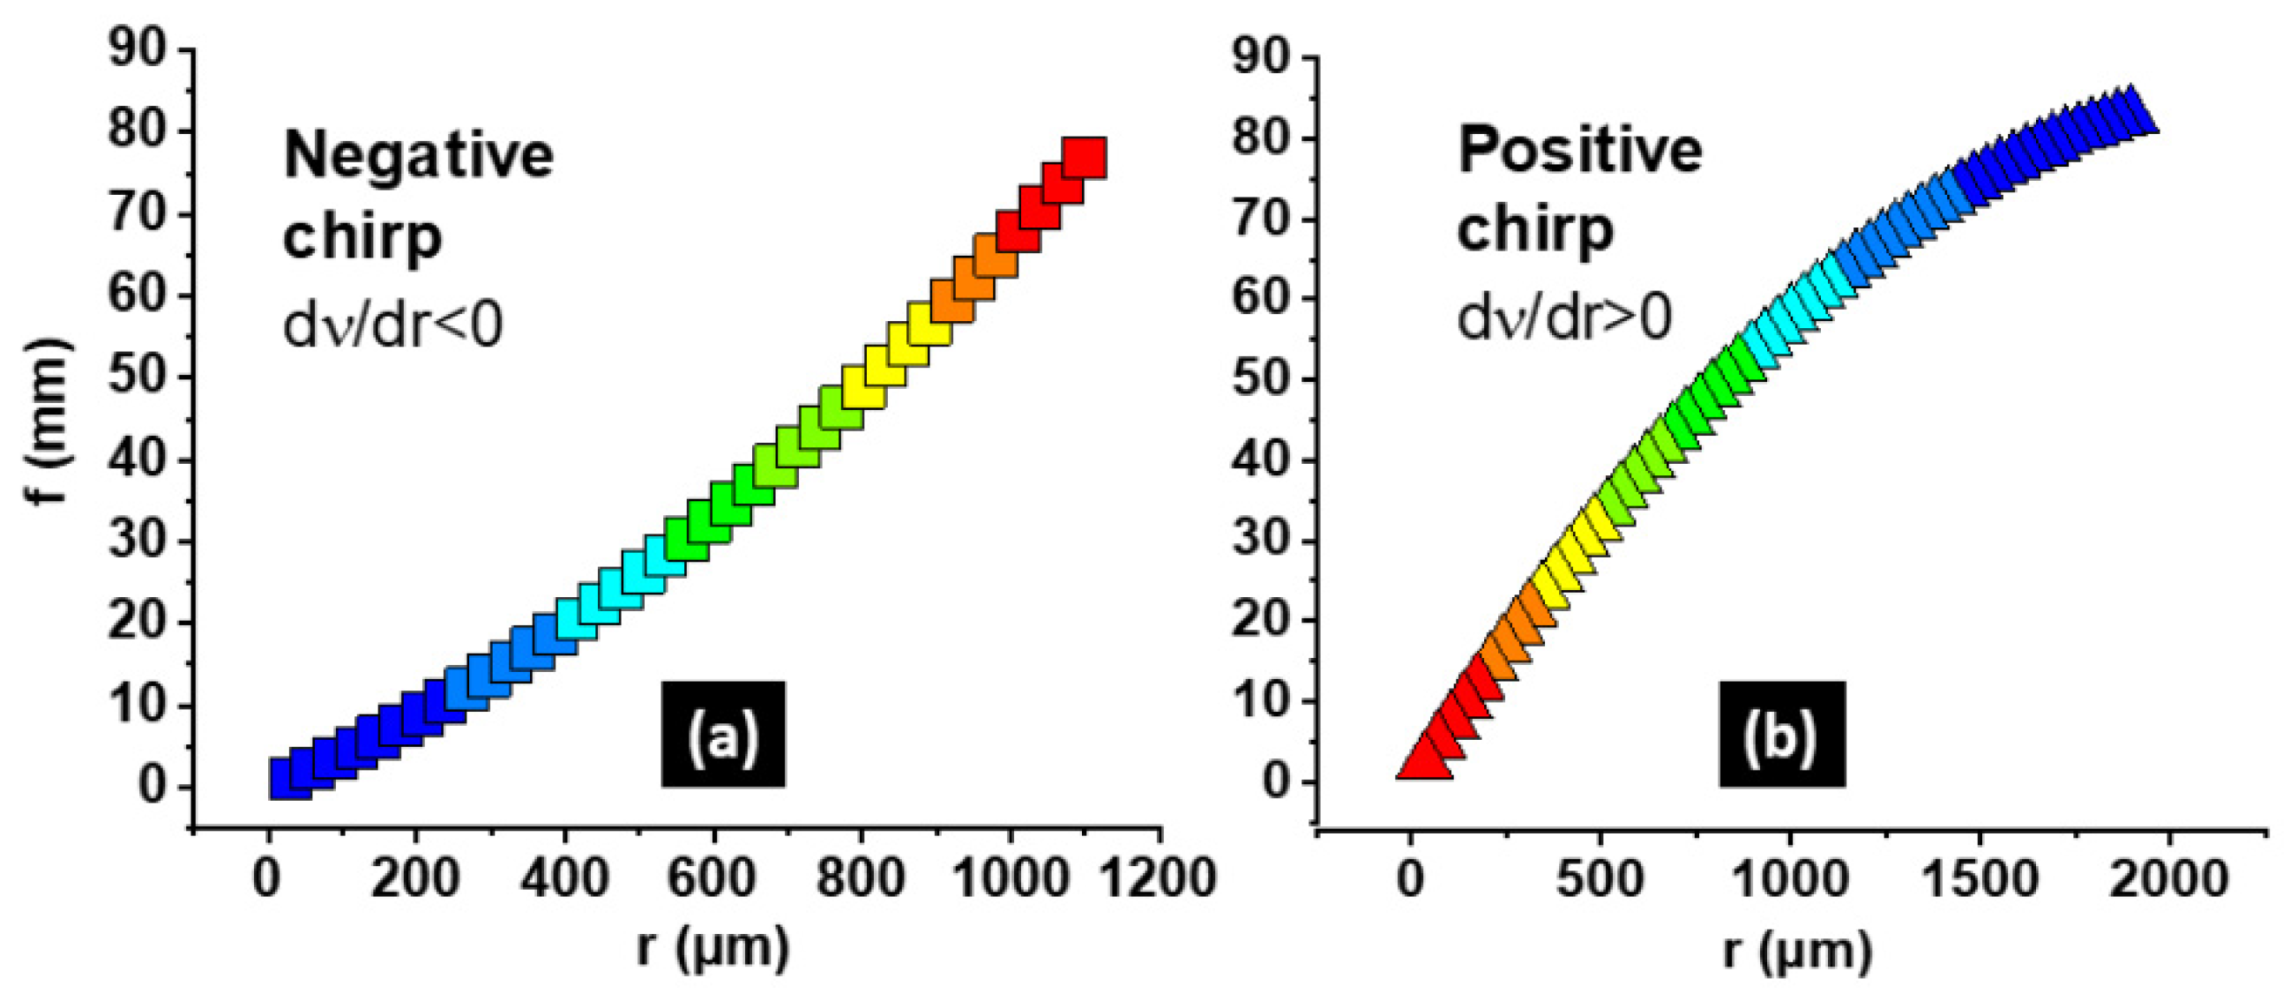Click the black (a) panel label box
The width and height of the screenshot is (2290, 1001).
point(723,735)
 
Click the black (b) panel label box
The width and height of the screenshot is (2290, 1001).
point(1781,735)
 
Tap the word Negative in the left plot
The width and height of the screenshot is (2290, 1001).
point(418,154)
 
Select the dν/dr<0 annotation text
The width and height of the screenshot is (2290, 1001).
point(392,324)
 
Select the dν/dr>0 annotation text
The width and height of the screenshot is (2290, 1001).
point(1563,317)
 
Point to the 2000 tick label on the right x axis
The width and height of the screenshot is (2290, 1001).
point(2170,878)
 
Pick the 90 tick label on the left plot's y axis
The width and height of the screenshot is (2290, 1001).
point(137,49)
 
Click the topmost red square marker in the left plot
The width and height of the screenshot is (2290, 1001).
point(1085,158)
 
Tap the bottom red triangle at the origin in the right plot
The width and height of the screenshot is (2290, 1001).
point(1424,763)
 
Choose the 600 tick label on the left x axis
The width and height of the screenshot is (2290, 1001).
point(712,878)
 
